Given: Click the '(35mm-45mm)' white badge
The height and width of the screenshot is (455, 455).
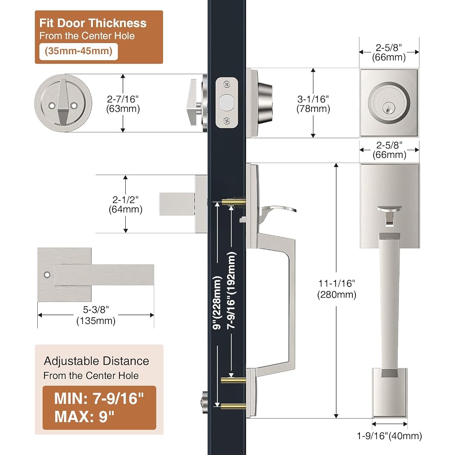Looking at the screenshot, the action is click(x=78, y=52).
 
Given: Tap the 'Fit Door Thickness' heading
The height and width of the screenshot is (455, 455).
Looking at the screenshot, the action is click(x=93, y=23).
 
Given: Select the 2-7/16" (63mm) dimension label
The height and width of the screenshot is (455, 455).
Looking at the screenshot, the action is click(x=123, y=104).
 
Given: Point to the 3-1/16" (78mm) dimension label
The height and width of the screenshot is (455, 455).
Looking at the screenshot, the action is click(x=313, y=104).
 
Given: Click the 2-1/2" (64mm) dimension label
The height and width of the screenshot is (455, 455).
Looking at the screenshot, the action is click(x=125, y=204).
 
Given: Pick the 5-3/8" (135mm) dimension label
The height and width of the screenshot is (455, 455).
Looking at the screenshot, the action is click(x=96, y=315).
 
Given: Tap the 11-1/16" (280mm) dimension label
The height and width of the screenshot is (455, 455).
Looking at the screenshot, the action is click(x=337, y=289).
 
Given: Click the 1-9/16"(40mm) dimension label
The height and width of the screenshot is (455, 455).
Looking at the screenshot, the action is click(x=389, y=435).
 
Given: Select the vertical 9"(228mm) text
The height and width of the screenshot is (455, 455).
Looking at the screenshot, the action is click(x=217, y=303).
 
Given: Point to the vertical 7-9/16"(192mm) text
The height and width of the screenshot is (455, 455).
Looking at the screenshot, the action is click(x=231, y=290).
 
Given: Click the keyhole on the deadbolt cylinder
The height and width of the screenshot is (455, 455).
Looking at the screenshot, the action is click(x=388, y=109).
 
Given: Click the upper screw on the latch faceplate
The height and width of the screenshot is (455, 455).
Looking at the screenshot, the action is click(x=227, y=84).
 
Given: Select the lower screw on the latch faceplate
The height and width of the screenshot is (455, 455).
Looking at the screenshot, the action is click(x=227, y=120).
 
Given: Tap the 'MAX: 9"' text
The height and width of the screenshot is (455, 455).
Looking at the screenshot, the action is click(x=84, y=417).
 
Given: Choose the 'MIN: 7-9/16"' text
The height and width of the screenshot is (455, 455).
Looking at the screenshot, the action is click(x=99, y=399).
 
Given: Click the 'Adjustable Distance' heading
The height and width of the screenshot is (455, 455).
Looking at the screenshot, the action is click(x=96, y=361).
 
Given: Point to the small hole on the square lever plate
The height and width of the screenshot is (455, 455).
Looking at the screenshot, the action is click(x=47, y=275).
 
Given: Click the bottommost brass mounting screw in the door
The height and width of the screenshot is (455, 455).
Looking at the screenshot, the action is click(x=233, y=406).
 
